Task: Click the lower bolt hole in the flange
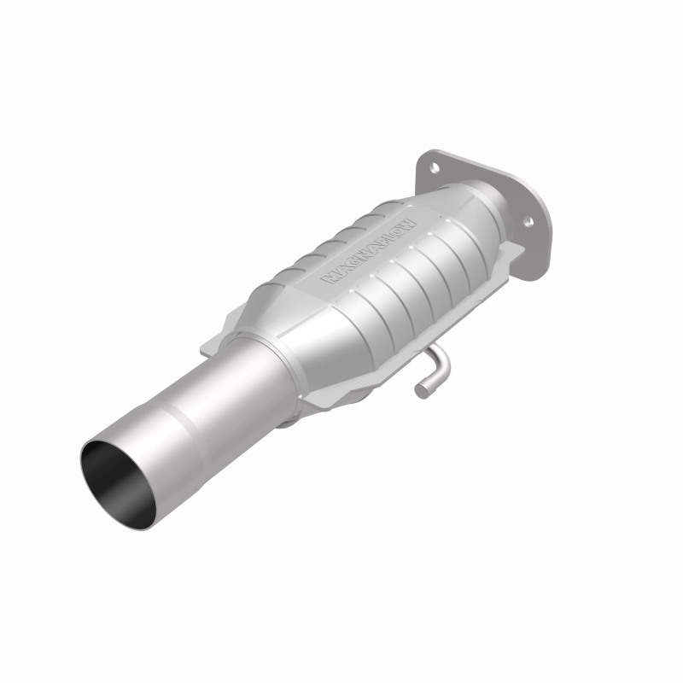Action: click(528, 222)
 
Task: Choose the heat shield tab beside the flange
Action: click(514, 252)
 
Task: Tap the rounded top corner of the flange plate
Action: click(426, 156)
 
